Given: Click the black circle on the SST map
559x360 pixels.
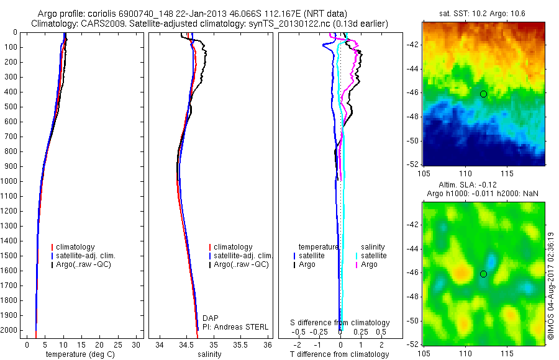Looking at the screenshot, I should point(483,94).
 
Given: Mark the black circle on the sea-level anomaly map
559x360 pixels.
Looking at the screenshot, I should point(483,274).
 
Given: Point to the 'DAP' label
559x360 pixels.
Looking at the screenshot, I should point(211,318).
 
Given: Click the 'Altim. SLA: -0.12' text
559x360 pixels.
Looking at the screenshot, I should point(484,186).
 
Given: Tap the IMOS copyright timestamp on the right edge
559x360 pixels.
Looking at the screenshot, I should point(551,286).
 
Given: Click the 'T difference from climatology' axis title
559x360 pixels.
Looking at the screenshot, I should point(339,354).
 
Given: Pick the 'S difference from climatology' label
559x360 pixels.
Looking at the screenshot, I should point(340,323).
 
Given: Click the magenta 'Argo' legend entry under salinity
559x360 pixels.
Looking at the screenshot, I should point(369,265).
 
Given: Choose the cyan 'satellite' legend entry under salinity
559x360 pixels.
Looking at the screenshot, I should point(373,256).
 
